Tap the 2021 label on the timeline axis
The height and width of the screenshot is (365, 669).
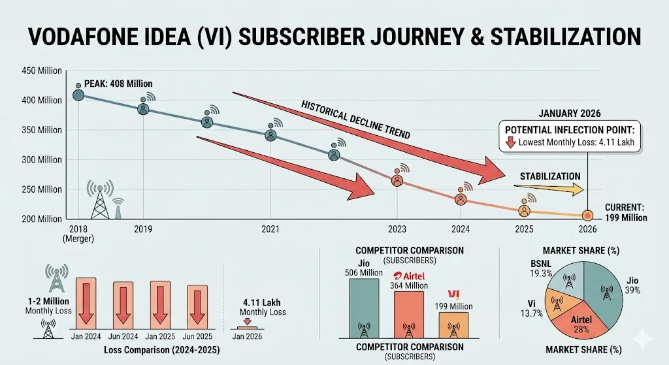click(x=270, y=230)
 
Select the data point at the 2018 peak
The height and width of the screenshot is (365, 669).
click(x=78, y=95)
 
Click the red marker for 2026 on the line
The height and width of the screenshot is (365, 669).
click(x=587, y=215)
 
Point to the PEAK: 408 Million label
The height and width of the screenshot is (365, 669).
click(x=118, y=84)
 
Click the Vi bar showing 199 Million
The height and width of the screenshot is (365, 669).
click(x=453, y=324)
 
